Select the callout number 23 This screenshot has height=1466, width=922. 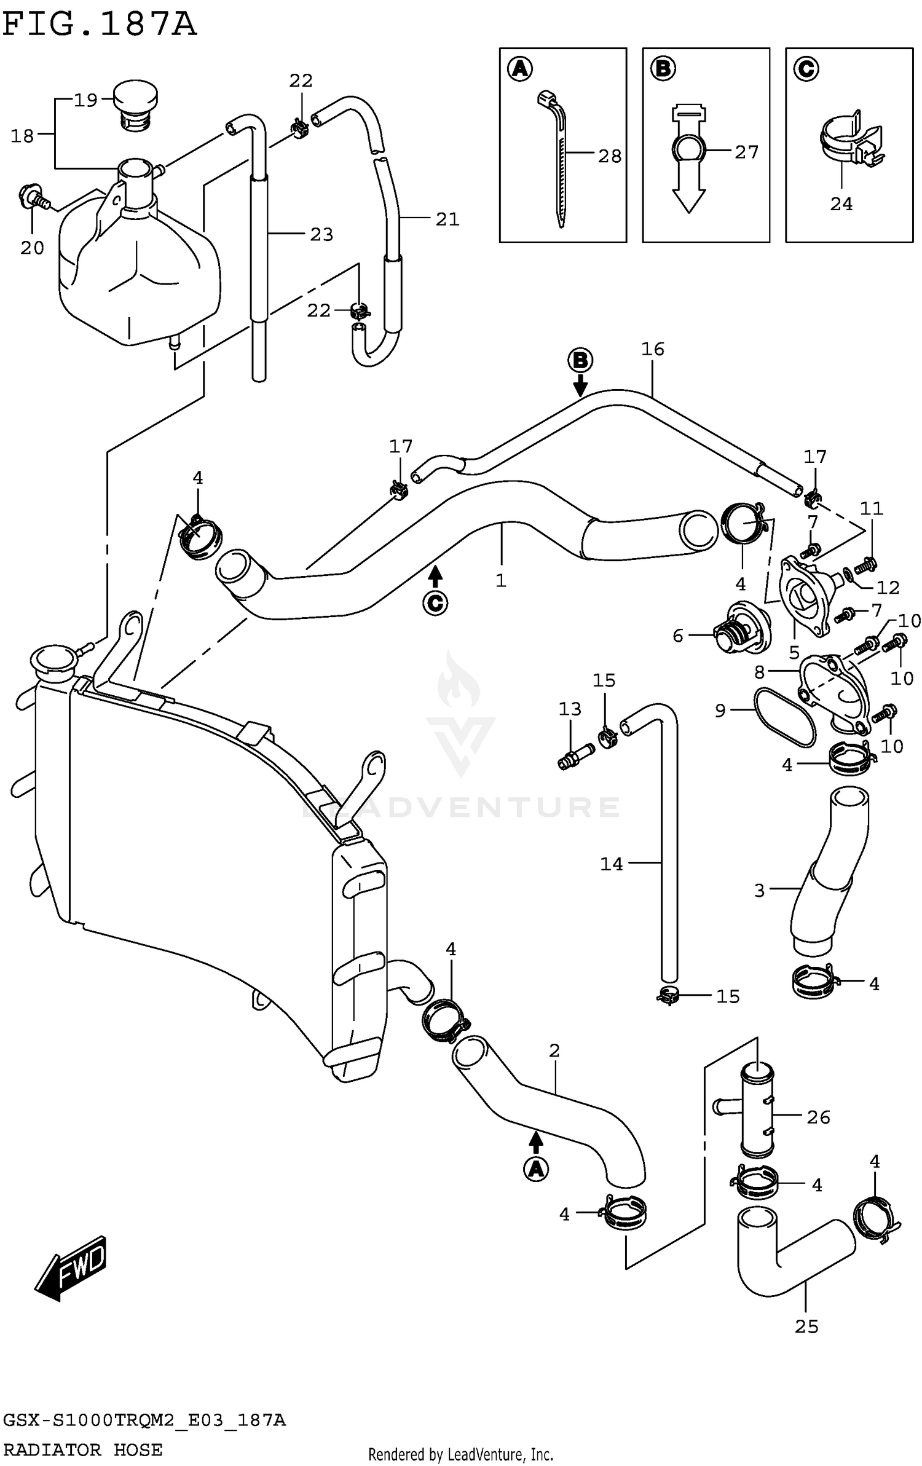tap(321, 234)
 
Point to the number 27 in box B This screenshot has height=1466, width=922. tap(746, 152)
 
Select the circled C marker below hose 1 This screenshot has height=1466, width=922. tap(435, 603)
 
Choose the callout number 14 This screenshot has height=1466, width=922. tap(611, 864)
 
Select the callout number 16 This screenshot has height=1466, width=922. tap(652, 349)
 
